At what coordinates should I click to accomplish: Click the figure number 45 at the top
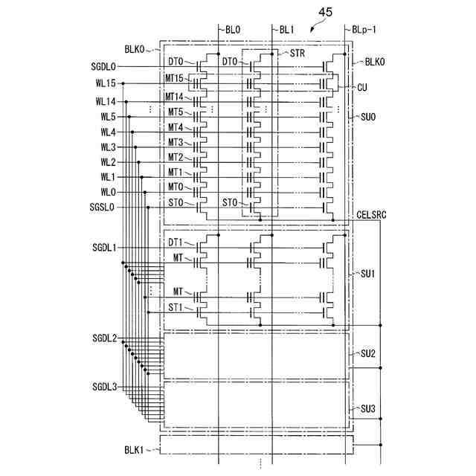pos(326,12)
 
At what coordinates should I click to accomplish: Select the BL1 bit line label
pos(288,30)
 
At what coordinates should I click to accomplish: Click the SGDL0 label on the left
pos(103,67)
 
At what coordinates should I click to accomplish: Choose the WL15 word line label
pos(105,83)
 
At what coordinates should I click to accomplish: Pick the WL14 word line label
pos(105,101)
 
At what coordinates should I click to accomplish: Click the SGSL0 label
pos(103,206)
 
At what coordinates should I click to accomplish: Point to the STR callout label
pos(297,53)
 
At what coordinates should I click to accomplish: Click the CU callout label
pos(362,87)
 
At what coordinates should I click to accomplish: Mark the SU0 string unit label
pos(367,116)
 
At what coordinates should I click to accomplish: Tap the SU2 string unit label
pos(367,353)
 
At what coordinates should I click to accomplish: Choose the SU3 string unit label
pos(367,408)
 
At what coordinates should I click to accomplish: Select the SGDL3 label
pos(105,386)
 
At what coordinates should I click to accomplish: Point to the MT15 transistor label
pos(176,77)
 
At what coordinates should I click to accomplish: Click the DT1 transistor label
pos(176,242)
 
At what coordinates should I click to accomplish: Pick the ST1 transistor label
pos(176,306)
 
